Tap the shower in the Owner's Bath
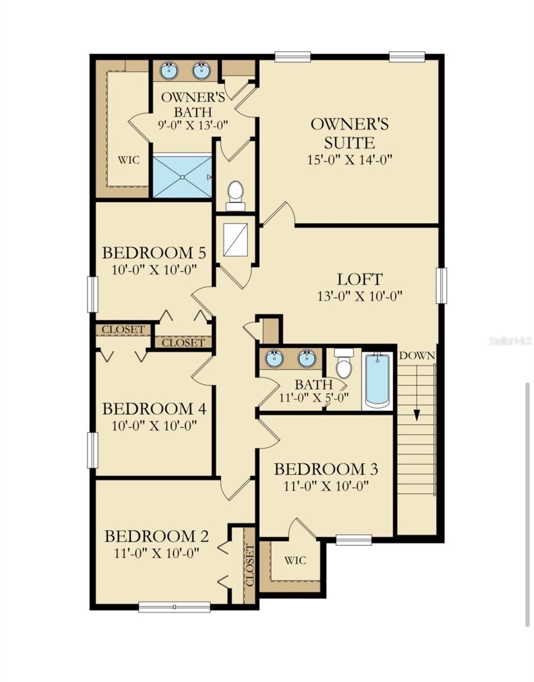point(182,177)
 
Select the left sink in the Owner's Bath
point(169,71)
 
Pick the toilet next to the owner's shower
point(235,194)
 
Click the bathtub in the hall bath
point(377,379)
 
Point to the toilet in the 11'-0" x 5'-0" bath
point(344,364)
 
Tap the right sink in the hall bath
point(307,359)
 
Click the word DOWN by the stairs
point(417,356)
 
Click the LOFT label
point(360,280)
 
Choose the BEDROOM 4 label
point(154,409)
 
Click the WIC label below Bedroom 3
point(295,560)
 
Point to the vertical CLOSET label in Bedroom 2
point(249,564)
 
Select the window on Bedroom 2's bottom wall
point(175,608)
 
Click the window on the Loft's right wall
point(442,285)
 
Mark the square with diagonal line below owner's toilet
point(235,239)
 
